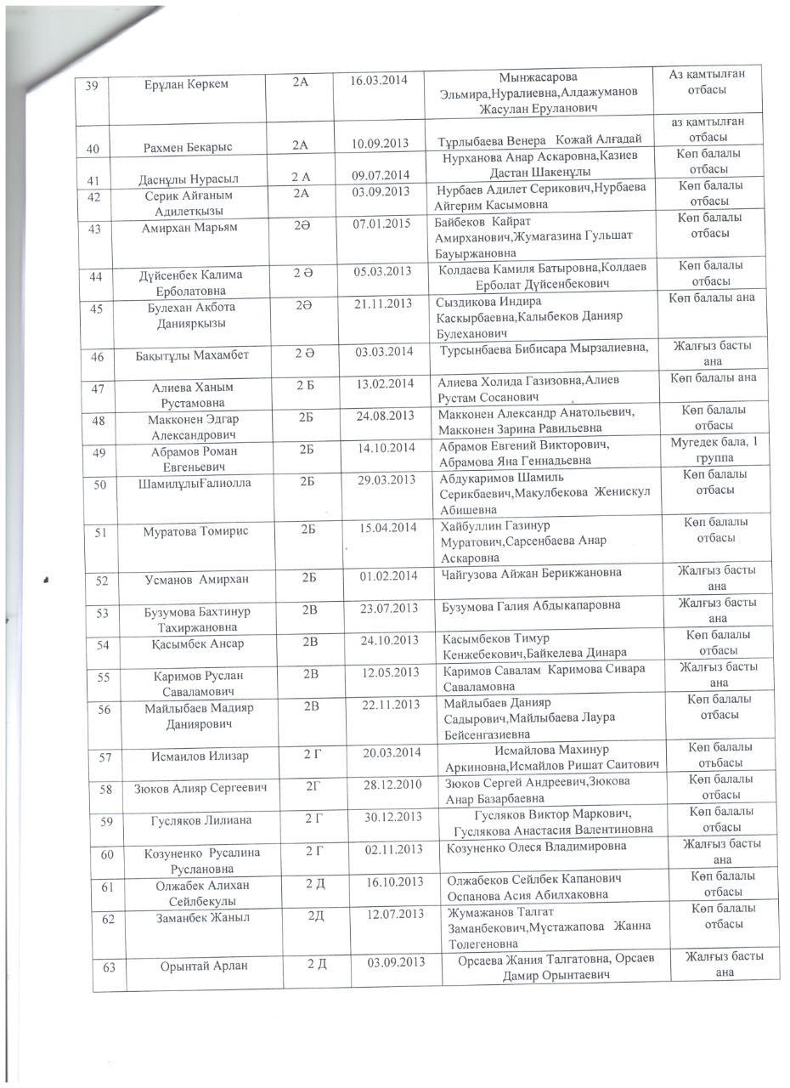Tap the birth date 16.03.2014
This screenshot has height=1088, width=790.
click(380, 81)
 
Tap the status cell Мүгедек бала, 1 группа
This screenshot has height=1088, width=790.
click(714, 450)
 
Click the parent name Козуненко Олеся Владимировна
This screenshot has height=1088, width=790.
click(537, 847)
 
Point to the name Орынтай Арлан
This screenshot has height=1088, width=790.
click(204, 966)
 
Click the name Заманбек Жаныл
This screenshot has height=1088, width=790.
click(203, 917)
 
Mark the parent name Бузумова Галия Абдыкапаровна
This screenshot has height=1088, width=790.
click(532, 605)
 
